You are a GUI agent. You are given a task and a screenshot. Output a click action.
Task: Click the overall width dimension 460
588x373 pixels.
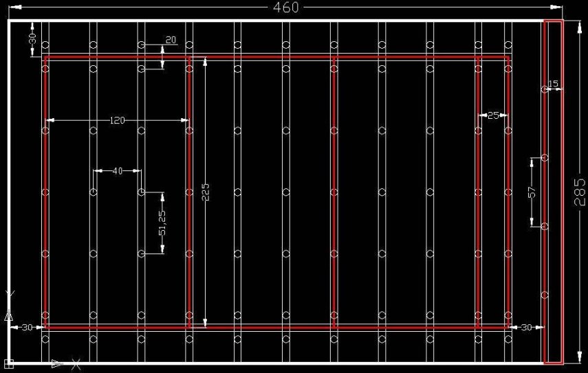[286, 8]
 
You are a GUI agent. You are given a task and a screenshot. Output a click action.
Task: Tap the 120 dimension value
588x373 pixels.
[118, 120]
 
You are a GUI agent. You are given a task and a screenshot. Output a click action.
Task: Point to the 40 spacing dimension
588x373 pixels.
[117, 170]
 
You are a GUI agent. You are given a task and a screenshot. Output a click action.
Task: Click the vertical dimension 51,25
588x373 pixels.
[162, 223]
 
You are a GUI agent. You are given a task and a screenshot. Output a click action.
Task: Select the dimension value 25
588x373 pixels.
[493, 115]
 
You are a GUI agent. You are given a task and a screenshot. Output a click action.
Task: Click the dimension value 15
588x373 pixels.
[554, 84]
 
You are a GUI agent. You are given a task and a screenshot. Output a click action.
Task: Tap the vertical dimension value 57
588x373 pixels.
[532, 193]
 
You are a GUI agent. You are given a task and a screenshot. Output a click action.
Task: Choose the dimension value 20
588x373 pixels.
[171, 41]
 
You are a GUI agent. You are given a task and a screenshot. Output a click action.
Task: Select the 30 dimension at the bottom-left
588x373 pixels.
[26, 328]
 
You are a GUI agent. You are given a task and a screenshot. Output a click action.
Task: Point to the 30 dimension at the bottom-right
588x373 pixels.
[526, 328]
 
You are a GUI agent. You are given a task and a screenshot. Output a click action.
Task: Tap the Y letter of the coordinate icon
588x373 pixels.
[9, 295]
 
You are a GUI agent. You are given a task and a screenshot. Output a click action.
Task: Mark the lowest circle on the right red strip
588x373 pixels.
[545, 295]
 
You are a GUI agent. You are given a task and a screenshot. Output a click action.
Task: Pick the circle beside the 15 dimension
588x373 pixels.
[545, 89]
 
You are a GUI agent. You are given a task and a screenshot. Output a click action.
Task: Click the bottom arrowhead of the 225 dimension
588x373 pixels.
[205, 323]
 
